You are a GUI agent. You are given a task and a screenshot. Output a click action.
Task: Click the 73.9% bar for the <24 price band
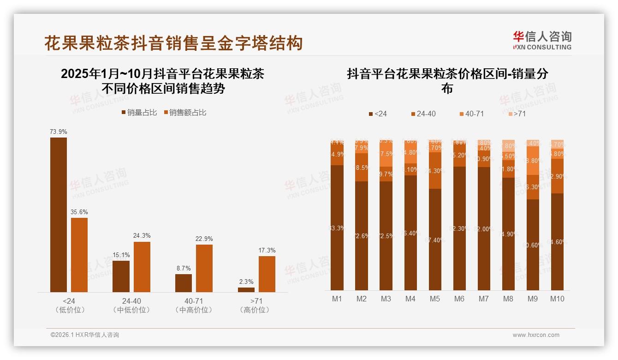tap(59, 215)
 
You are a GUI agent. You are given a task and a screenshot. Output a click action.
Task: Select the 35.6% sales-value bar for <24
tap(79, 255)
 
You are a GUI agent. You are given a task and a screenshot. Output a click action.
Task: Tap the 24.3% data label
tap(142, 235)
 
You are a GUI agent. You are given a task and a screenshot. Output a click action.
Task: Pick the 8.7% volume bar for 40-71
tap(184, 283)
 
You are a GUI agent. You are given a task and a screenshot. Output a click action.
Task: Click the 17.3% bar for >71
tap(267, 274)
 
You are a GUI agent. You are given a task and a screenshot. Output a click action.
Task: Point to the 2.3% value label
tap(246, 282)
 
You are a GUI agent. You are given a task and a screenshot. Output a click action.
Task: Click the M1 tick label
tap(337, 299)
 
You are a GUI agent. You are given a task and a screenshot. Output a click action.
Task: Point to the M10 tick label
tap(557, 299)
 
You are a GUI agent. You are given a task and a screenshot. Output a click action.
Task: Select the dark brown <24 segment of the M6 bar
tap(459, 228)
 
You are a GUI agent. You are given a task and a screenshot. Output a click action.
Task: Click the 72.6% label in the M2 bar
tap(362, 236)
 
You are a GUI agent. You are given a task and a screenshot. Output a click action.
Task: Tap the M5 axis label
tap(435, 299)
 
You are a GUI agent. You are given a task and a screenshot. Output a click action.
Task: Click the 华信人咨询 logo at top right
tap(542, 40)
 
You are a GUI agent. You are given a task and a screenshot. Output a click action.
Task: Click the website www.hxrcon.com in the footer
tap(536, 335)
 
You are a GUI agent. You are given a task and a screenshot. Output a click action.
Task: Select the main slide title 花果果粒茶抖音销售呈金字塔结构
tap(173, 43)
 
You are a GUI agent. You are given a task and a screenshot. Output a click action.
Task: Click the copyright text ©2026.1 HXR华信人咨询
tap(85, 335)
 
